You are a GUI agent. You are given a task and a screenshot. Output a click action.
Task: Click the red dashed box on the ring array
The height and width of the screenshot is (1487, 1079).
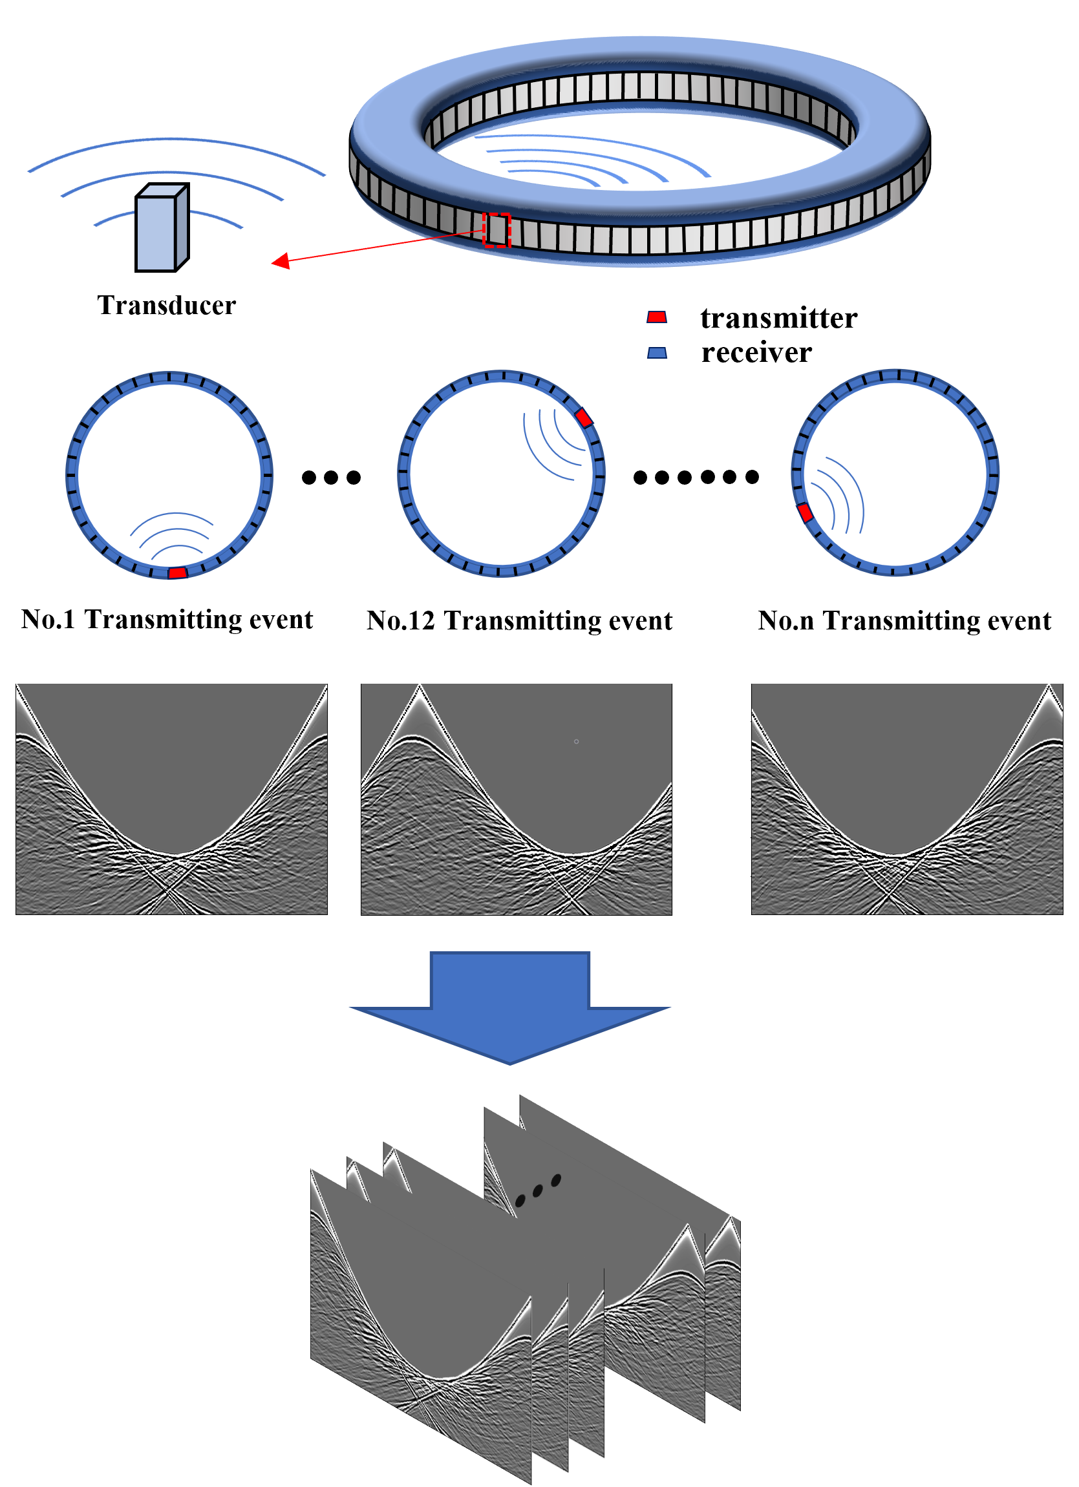497,230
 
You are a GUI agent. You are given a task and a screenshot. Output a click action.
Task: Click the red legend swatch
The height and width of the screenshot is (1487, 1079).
657,317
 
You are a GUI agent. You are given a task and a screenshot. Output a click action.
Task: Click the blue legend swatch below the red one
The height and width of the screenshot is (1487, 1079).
657,353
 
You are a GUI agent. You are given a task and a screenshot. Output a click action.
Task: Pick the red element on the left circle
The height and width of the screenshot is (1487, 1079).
178,573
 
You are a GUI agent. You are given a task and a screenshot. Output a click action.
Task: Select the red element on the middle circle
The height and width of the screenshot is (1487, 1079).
583,418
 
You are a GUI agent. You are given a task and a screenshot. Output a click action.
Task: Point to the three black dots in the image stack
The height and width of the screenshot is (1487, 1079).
538,1190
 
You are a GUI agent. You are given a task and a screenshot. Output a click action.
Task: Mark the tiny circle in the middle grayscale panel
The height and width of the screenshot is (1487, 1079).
577,741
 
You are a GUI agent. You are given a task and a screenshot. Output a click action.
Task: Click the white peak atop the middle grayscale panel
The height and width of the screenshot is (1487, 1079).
419,690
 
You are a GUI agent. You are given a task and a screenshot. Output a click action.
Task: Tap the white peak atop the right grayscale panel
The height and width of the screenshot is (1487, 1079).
1049,690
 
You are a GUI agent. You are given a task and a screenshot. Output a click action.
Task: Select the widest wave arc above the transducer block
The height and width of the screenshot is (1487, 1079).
176,140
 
